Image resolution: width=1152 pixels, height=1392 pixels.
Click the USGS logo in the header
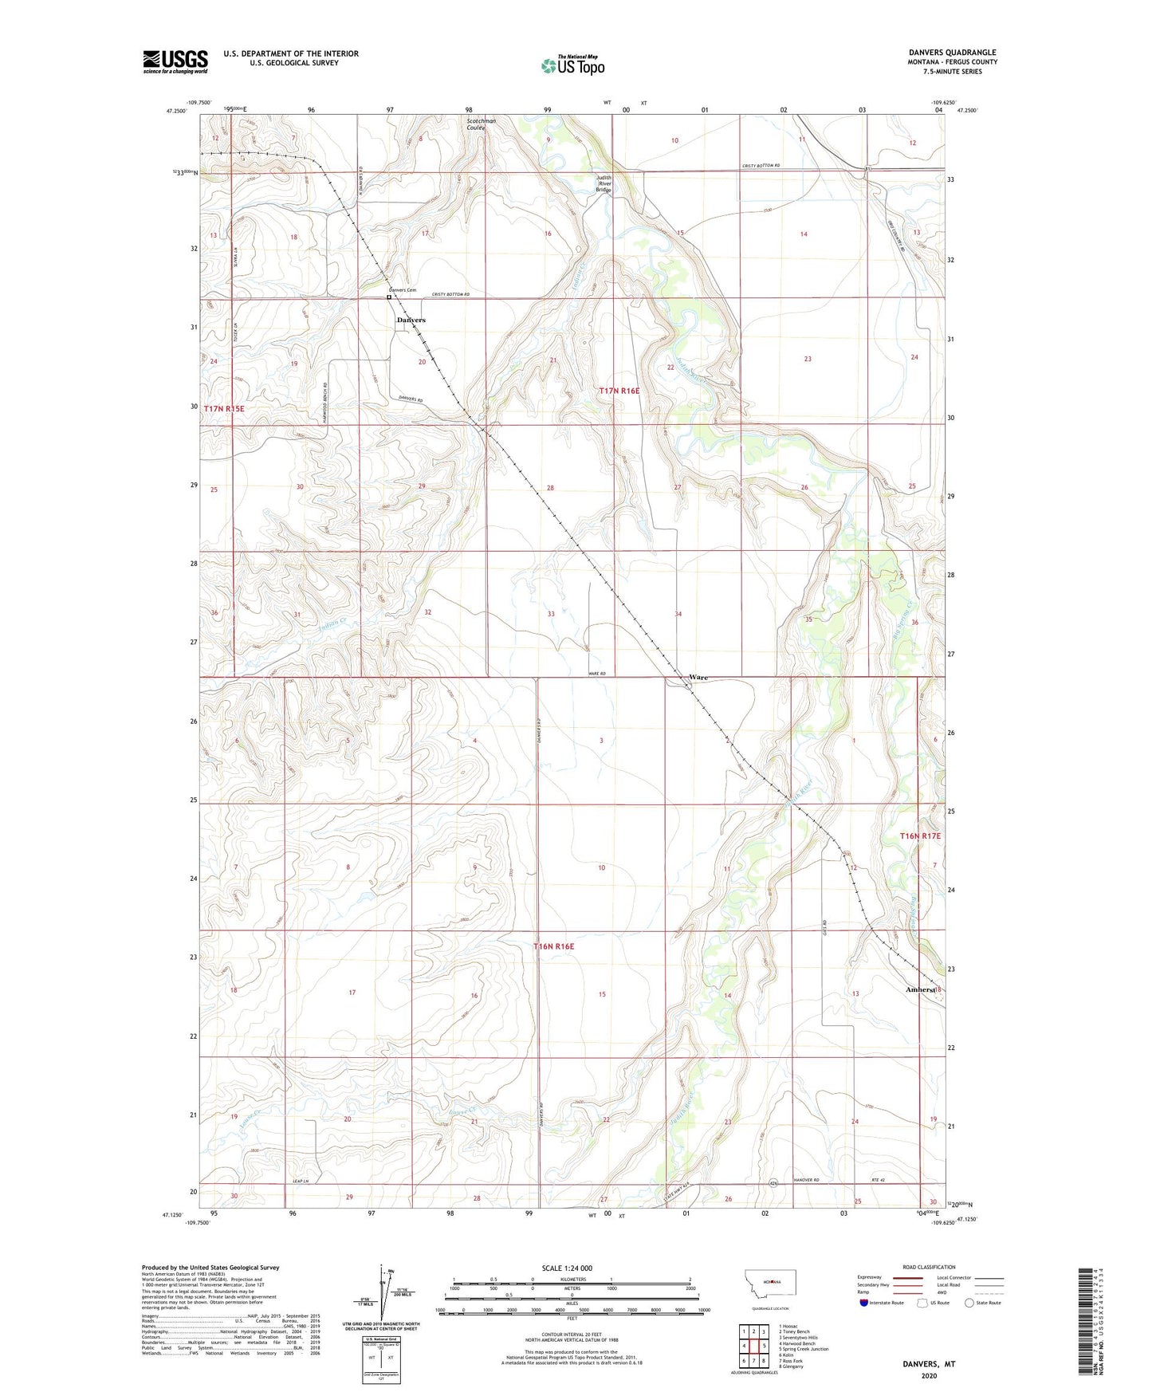(175, 61)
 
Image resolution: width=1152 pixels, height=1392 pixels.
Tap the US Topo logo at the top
(572, 65)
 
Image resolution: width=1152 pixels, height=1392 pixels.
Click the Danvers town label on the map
(411, 320)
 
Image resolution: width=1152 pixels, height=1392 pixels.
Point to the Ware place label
(698, 678)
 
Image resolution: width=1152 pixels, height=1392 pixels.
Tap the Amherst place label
(920, 989)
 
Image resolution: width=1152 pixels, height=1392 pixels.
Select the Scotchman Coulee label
(482, 124)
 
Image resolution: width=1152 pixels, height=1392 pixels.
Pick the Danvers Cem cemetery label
(403, 290)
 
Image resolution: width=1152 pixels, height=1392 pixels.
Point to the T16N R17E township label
(920, 836)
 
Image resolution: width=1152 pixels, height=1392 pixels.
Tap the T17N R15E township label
(223, 408)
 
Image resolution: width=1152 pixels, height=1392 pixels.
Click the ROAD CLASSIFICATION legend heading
(929, 1267)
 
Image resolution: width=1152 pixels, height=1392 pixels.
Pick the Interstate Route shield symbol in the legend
(865, 1303)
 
